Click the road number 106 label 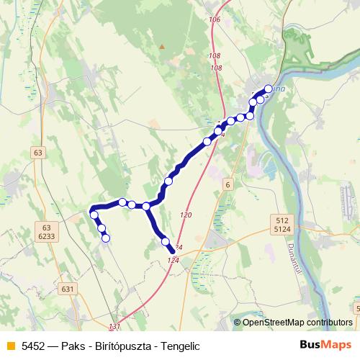tap(214, 19)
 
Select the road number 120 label tap(186, 215)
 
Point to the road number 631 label tap(68, 289)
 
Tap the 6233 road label tap(47, 235)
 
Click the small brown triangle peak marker tap(162, 48)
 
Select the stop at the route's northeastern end tap(269, 89)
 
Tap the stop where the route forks tap(146, 207)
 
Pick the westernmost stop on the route tap(94, 214)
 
